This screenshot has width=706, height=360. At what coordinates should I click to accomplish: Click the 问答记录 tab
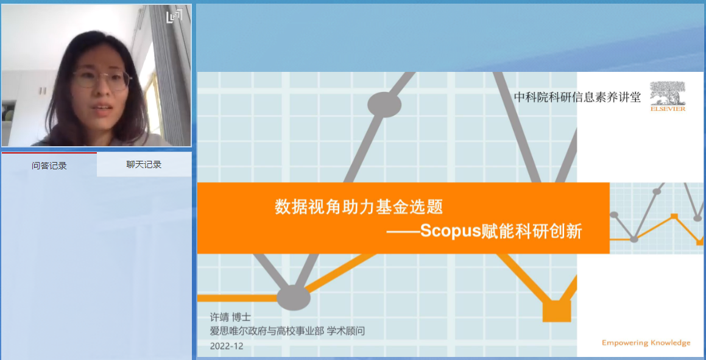tap(49, 165)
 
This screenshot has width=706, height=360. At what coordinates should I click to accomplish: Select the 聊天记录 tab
tap(144, 164)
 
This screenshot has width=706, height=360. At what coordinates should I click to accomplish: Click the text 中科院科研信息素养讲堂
tap(577, 97)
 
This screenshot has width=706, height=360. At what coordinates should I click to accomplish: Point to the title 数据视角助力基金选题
tap(359, 206)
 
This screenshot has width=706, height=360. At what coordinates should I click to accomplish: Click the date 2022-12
tap(227, 346)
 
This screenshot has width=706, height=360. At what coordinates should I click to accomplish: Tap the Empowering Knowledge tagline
tap(646, 343)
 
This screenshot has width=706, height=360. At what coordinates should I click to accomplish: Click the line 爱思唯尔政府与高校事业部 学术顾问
tap(288, 331)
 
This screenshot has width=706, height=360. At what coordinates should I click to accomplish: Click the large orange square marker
tap(557, 311)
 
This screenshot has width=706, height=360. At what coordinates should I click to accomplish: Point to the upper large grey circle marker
tap(384, 104)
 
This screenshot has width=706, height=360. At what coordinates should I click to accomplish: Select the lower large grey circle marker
tap(294, 297)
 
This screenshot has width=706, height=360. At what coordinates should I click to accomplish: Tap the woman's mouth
tap(103, 108)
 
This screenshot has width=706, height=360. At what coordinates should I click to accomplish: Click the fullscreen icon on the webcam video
tap(174, 16)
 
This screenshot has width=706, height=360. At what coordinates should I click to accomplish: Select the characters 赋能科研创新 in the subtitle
tap(532, 231)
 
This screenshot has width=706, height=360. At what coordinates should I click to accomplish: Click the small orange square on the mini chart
tap(674, 216)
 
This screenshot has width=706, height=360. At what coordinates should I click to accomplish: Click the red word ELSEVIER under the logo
tap(668, 109)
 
